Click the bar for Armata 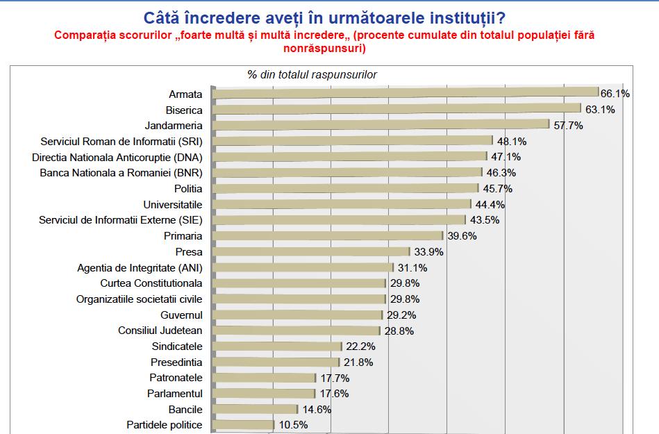[405, 93]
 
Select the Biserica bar [396, 109]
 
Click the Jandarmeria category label [174, 126]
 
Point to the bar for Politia [345, 188]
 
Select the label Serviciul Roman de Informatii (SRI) [122, 141]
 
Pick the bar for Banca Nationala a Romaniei [347, 172]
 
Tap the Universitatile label [173, 204]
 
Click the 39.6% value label [460, 236]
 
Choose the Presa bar [310, 251]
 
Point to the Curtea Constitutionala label [151, 283]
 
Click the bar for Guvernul [299, 315]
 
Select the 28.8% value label [399, 331]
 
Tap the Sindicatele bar [277, 346]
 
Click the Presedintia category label [176, 362]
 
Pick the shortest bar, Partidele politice [243, 424]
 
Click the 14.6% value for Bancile [316, 409]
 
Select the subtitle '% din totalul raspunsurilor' [312, 75]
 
